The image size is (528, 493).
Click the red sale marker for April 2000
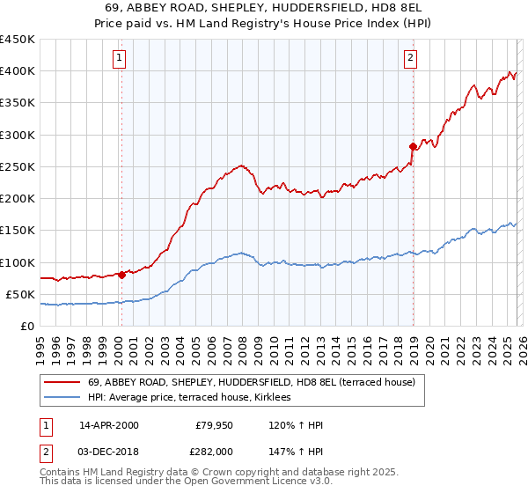click(x=121, y=275)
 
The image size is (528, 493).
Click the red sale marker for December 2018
click(x=413, y=146)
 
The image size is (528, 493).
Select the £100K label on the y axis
click(x=18, y=262)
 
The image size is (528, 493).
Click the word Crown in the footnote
click(x=210, y=473)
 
